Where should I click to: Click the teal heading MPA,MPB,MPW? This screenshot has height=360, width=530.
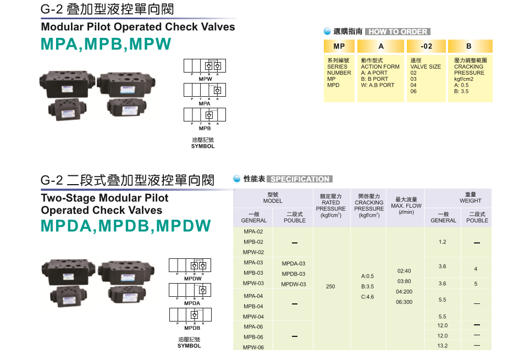pyautogui.click(x=106, y=45)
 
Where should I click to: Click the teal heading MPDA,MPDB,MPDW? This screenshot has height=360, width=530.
pyautogui.click(x=126, y=226)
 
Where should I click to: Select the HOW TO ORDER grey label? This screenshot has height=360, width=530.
pyautogui.click(x=397, y=32)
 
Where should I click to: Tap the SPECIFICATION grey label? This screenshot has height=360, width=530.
pyautogui.click(x=300, y=179)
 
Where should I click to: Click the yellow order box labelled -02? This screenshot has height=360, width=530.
pyautogui.click(x=426, y=47)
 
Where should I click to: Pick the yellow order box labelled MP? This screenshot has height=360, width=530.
pyautogui.click(x=339, y=47)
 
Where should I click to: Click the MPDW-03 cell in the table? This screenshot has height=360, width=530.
pyautogui.click(x=294, y=284)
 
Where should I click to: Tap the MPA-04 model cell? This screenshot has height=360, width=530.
pyautogui.click(x=253, y=296)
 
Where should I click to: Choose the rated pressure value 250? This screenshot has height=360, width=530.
pyautogui.click(x=330, y=286)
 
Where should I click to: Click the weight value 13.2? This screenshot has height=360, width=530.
pyautogui.click(x=443, y=346)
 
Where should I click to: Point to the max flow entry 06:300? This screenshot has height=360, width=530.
pyautogui.click(x=404, y=302)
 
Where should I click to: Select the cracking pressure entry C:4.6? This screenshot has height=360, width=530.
pyautogui.click(x=367, y=297)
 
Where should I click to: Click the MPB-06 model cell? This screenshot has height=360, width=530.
pyautogui.click(x=253, y=337)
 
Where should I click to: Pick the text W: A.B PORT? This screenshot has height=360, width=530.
pyautogui.click(x=378, y=85)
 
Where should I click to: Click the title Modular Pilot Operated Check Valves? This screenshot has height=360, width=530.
pyautogui.click(x=138, y=27)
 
